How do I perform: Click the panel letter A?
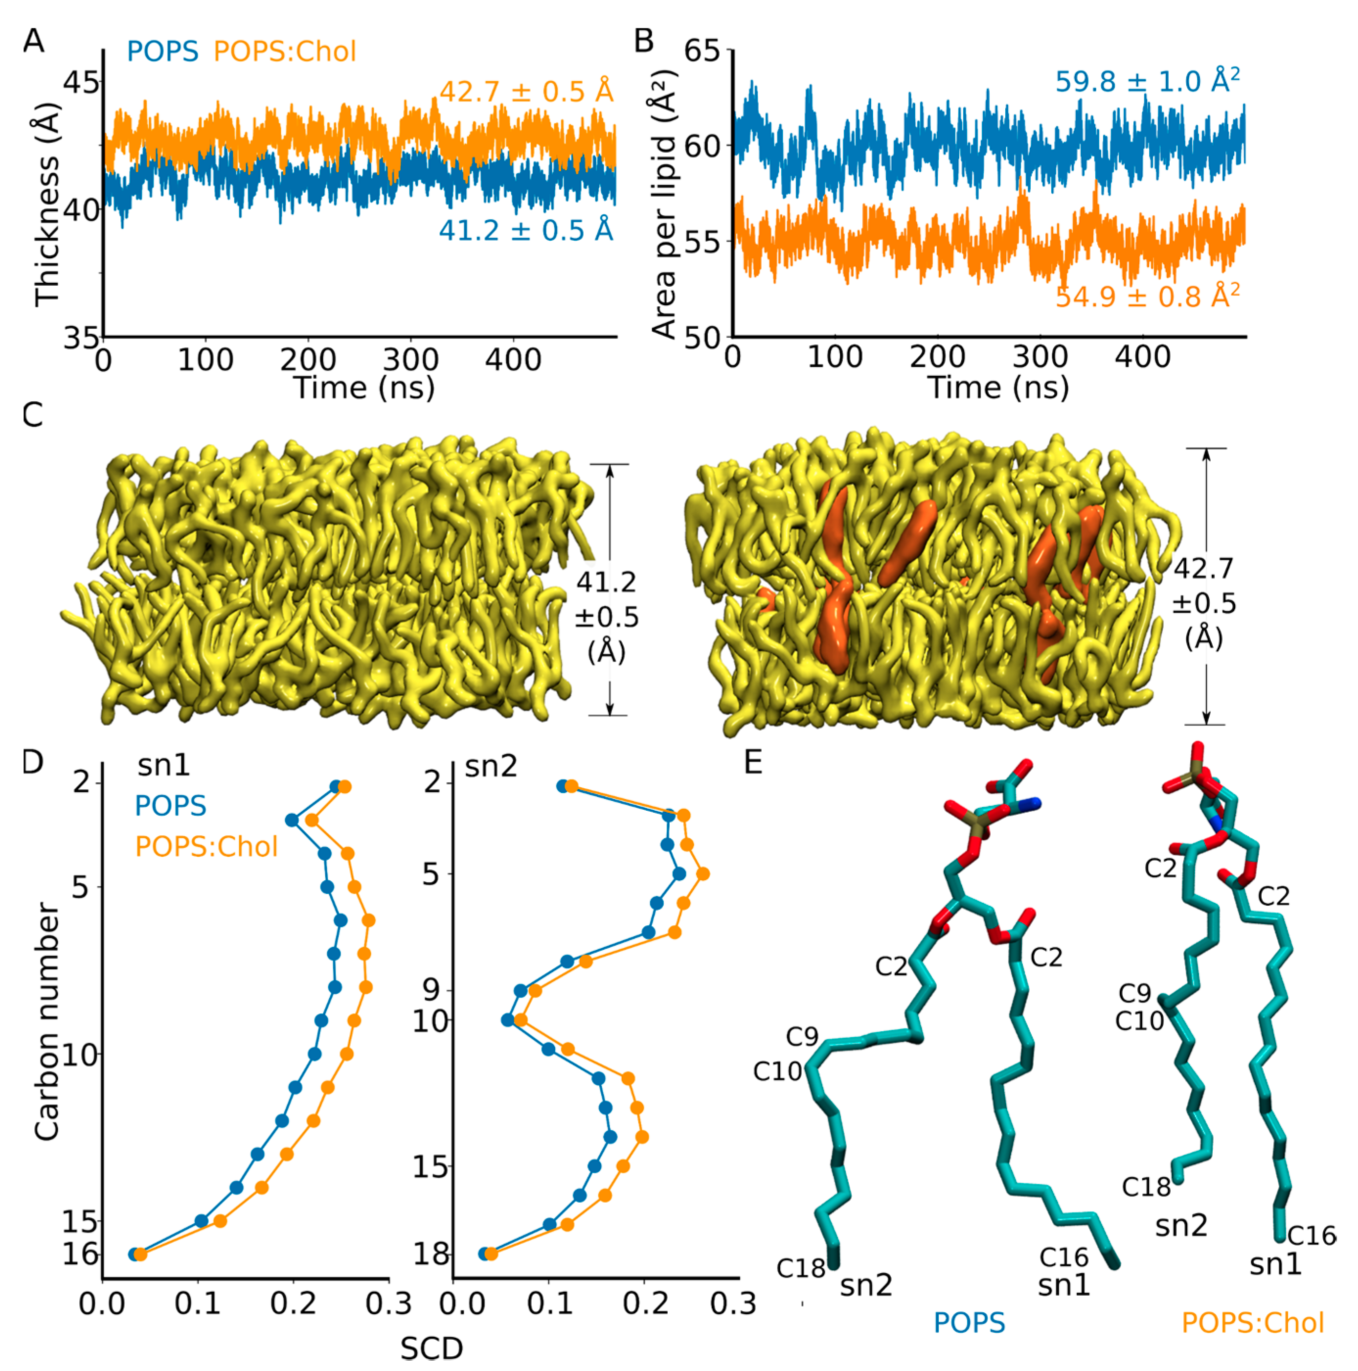[33, 41]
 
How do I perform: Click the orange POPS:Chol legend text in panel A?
[285, 52]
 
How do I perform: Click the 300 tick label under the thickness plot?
[410, 361]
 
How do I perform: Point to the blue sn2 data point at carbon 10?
[507, 1020]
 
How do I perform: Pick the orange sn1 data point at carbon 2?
[345, 787]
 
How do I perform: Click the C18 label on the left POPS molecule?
[800, 1267]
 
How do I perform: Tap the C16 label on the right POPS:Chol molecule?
[1311, 1235]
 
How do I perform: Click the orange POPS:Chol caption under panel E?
[1252, 1323]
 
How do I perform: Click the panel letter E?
[753, 763]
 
